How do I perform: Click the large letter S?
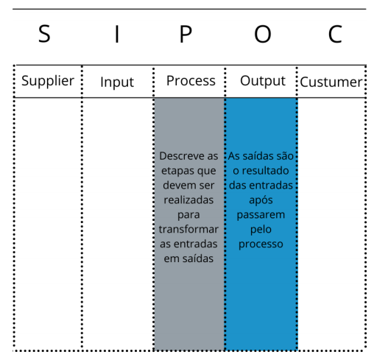(44, 34)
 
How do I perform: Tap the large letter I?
(117, 34)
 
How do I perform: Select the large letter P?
(186, 34)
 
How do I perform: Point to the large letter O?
(263, 34)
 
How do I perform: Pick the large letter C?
(335, 34)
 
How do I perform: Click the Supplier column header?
(48, 81)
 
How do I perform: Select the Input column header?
(117, 82)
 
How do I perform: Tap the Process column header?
(191, 81)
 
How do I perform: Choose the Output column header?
(263, 81)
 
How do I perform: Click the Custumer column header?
(331, 82)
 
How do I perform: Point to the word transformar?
(188, 229)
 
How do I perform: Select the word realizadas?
(188, 200)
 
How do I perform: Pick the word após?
(261, 200)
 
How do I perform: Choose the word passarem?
(261, 215)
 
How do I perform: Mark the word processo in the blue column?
(261, 244)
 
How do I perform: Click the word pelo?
(261, 230)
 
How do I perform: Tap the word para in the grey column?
(188, 215)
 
